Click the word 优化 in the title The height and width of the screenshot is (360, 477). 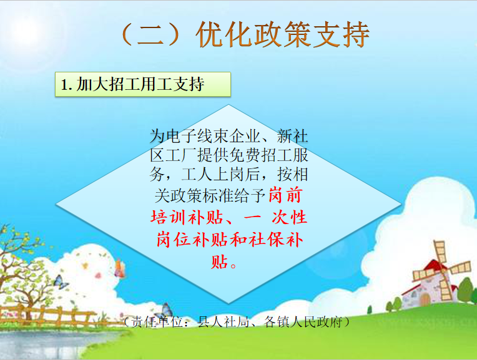click(x=224, y=34)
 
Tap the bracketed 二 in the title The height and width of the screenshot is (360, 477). click(x=151, y=34)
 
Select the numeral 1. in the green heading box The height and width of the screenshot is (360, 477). click(x=67, y=84)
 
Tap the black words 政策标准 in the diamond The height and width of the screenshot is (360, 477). click(x=202, y=195)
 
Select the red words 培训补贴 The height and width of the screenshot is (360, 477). click(x=187, y=218)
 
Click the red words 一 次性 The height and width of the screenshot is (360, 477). click(x=275, y=218)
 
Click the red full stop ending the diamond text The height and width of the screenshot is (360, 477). click(x=234, y=266)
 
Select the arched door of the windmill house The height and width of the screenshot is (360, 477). click(x=425, y=299)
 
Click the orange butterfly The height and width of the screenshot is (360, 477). click(x=119, y=269)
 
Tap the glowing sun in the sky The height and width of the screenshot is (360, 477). click(x=29, y=31)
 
